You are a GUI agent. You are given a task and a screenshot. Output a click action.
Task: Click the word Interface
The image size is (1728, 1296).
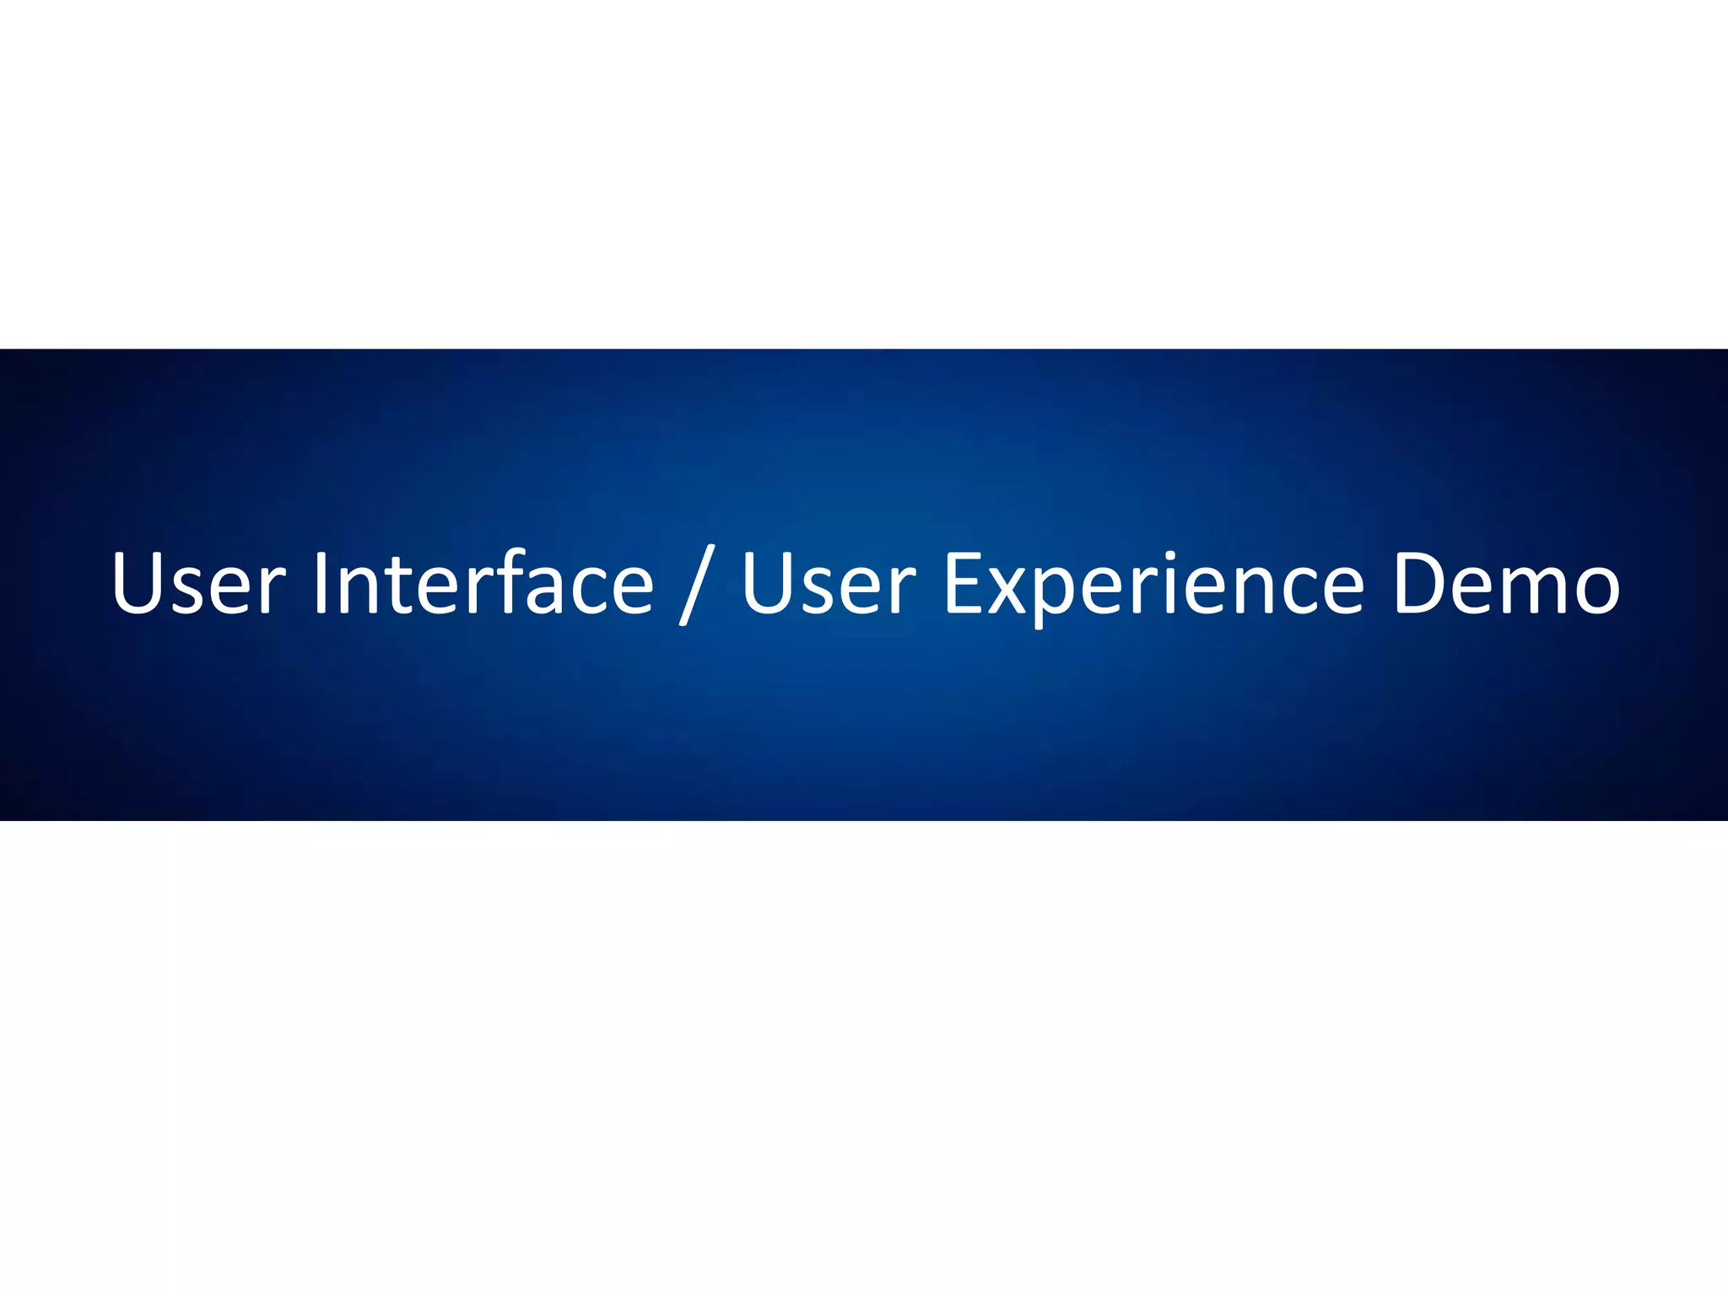[483, 582]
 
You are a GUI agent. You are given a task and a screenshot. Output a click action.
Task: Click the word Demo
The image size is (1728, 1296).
[1506, 582]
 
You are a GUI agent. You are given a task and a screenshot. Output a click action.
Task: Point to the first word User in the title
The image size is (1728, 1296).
[199, 582]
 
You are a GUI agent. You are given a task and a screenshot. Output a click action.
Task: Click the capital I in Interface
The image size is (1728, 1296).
[321, 582]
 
